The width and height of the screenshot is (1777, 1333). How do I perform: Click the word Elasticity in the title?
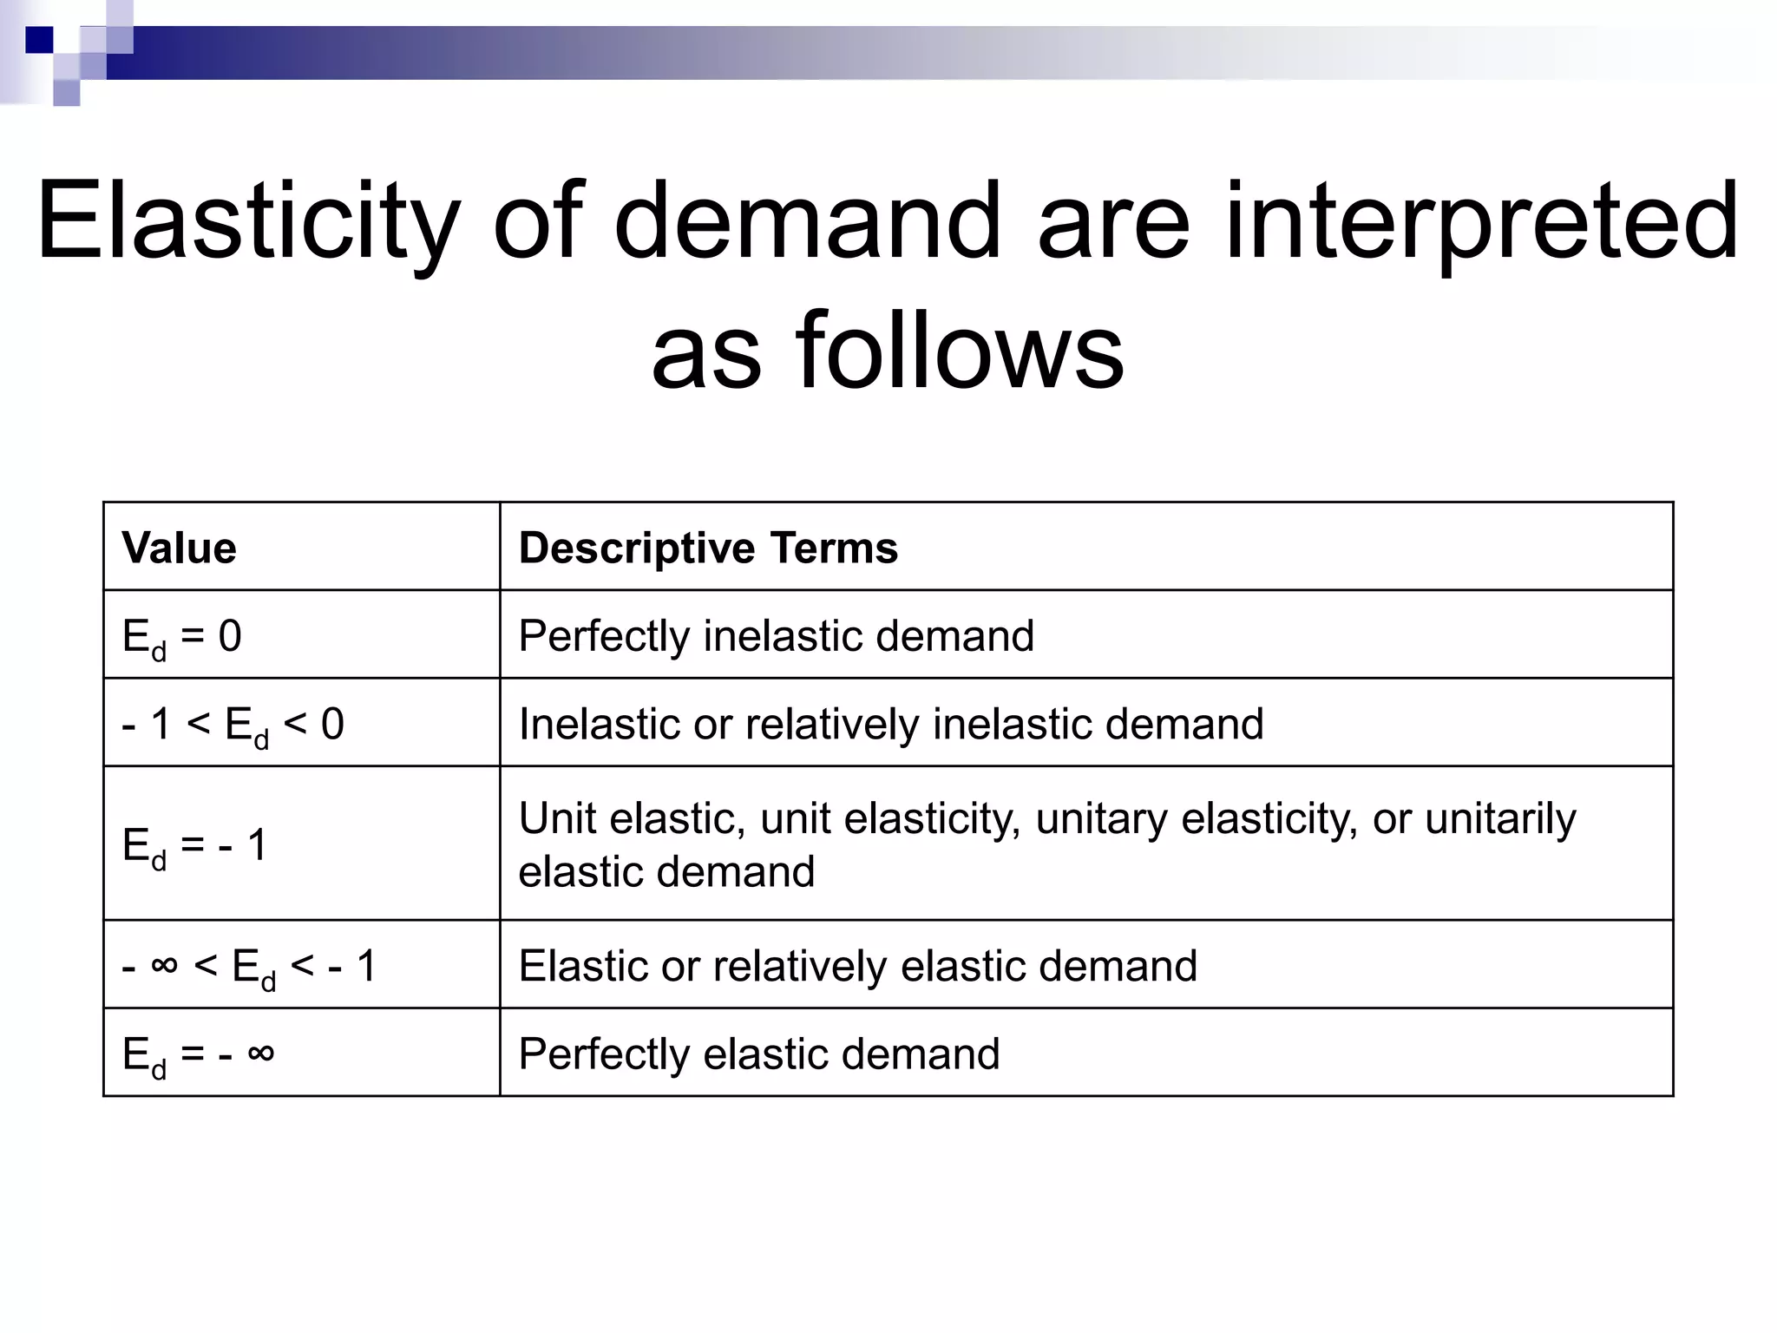pyautogui.click(x=248, y=221)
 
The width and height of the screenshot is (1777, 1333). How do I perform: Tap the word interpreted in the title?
pyautogui.click(x=1481, y=221)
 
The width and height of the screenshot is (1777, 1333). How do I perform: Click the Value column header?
pyautogui.click(x=180, y=548)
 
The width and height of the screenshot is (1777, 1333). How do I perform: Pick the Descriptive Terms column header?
pyautogui.click(x=708, y=548)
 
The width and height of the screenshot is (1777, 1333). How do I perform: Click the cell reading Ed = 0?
pyautogui.click(x=182, y=637)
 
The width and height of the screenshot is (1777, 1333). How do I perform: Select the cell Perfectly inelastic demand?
pyautogui.click(x=776, y=636)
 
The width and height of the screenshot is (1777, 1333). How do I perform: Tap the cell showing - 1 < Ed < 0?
pyautogui.click(x=233, y=725)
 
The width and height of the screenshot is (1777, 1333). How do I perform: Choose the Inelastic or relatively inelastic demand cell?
pyautogui.click(x=890, y=725)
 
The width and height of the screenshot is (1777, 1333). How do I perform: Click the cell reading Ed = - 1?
pyautogui.click(x=195, y=845)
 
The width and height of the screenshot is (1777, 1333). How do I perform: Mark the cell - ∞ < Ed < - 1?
pyautogui.click(x=250, y=967)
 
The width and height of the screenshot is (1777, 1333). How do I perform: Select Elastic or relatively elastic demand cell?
pyautogui.click(x=857, y=966)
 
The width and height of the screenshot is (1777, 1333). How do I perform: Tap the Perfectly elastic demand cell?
pyautogui.click(x=758, y=1054)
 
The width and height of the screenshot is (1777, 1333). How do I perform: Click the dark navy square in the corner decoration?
pyautogui.click(x=39, y=40)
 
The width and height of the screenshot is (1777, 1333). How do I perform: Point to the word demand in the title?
pyautogui.click(x=808, y=221)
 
